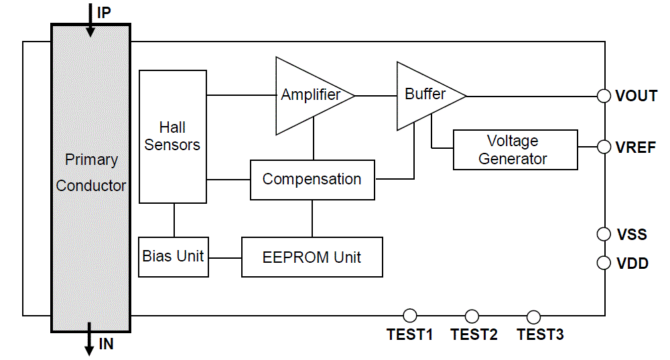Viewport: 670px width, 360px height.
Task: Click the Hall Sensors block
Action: [x=173, y=136]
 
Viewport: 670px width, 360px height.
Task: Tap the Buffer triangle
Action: [x=425, y=95]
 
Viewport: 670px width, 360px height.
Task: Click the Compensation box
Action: [x=312, y=180]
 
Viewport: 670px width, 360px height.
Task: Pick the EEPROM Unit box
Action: [x=312, y=257]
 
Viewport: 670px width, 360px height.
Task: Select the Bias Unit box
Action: [x=174, y=257]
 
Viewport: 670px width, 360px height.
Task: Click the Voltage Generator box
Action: [x=515, y=150]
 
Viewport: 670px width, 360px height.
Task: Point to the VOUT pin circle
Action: [x=604, y=96]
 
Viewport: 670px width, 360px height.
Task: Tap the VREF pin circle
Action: [x=604, y=147]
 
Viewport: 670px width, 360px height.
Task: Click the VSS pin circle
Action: [x=604, y=234]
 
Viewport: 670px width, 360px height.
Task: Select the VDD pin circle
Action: [x=604, y=263]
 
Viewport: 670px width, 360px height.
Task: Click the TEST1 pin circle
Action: [x=410, y=316]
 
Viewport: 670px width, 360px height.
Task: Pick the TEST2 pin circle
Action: [x=472, y=316]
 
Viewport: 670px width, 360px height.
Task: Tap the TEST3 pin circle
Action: [x=534, y=316]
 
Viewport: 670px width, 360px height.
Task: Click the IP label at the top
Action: [x=104, y=12]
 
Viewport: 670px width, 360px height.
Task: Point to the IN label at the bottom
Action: [x=106, y=345]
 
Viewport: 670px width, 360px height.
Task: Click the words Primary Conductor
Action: [x=91, y=173]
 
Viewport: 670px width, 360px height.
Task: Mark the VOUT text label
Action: [x=636, y=96]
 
